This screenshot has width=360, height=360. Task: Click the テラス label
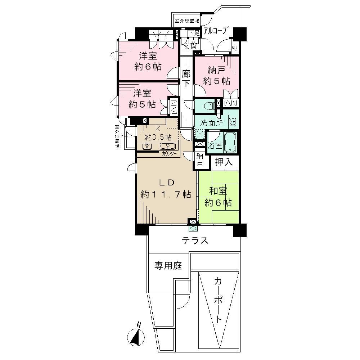pyautogui.click(x=195, y=240)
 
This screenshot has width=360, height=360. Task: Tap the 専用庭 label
pyautogui.click(x=168, y=266)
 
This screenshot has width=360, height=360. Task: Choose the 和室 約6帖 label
pyautogui.click(x=217, y=197)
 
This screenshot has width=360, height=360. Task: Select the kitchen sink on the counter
pyautogui.click(x=167, y=146)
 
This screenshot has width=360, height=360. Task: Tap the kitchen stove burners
pyautogui.click(x=148, y=146)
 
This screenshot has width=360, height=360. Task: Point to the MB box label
pyautogui.click(x=234, y=48)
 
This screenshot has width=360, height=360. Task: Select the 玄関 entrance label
pyautogui.click(x=189, y=45)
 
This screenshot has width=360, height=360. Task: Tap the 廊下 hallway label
pyautogui.click(x=186, y=78)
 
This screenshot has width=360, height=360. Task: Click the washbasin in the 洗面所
pyautogui.click(x=232, y=122)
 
